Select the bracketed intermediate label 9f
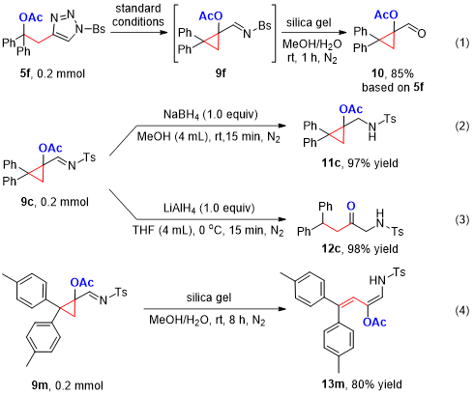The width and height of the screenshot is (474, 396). point(221,73)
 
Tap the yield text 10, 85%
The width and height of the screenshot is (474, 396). point(392,73)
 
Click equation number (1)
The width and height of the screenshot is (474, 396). point(462,43)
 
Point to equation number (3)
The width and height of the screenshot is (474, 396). point(462,220)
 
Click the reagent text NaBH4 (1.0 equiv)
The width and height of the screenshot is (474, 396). point(211,115)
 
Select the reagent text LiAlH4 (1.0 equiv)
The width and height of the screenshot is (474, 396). point(209,209)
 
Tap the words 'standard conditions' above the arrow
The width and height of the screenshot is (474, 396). point(138,15)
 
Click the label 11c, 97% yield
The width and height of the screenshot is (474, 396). point(360,163)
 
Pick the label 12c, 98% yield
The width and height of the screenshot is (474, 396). point(360,249)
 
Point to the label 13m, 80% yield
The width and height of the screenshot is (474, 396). point(362,384)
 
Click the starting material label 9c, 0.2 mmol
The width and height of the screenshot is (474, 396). point(55,202)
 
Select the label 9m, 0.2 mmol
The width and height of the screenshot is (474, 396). point(67,385)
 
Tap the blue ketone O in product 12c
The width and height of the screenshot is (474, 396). point(351,206)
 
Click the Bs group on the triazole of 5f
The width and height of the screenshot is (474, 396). point(99,29)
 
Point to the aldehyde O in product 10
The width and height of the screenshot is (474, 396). point(422,33)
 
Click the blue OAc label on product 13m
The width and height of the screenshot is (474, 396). point(374,322)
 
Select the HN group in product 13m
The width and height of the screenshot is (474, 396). point(377,280)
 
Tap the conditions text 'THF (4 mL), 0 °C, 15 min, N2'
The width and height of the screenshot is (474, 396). point(208,231)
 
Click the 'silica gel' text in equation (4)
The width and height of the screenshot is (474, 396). point(209,297)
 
